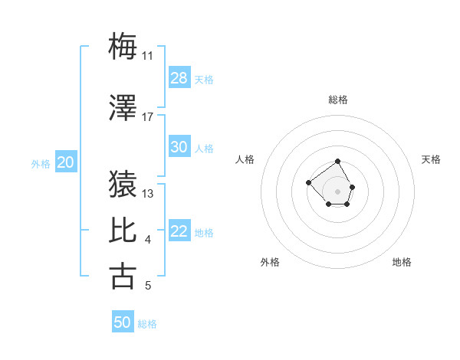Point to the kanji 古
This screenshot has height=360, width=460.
pyautogui.click(x=123, y=276)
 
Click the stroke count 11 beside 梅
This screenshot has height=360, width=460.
pyautogui.click(x=148, y=56)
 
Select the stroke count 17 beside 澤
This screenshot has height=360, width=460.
pyautogui.click(x=148, y=117)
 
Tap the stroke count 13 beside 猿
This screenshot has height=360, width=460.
pyautogui.click(x=148, y=194)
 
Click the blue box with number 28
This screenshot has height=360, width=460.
pyautogui.click(x=179, y=78)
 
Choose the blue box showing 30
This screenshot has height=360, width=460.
pyautogui.click(x=179, y=147)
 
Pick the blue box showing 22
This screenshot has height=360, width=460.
pyautogui.click(x=179, y=231)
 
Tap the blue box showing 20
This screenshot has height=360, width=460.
pyautogui.click(x=65, y=162)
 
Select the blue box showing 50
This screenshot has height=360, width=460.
pyautogui.click(x=123, y=322)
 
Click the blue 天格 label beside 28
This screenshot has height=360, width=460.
pyautogui.click(x=204, y=80)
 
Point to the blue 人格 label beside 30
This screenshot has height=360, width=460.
pyautogui.click(x=204, y=149)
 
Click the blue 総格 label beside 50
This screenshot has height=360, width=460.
pyautogui.click(x=147, y=324)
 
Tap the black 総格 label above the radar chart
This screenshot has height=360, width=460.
pyautogui.click(x=338, y=100)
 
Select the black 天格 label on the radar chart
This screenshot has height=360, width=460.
pyautogui.click(x=431, y=159)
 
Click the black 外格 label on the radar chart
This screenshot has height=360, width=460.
pyautogui.click(x=270, y=262)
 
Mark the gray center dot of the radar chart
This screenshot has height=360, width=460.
pyautogui.click(x=337, y=191)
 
